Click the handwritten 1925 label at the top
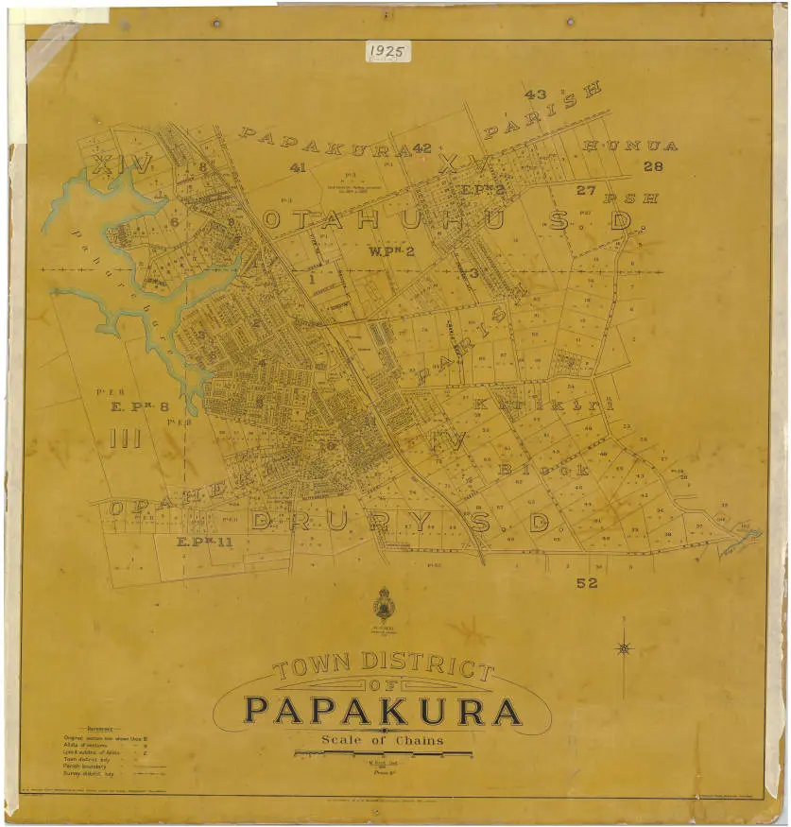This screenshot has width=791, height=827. [x=387, y=51]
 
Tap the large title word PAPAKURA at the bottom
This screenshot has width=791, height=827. [x=383, y=711]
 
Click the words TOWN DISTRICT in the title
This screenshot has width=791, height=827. [x=383, y=666]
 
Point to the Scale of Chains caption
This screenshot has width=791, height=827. [x=382, y=740]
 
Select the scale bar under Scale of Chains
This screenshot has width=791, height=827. [x=382, y=753]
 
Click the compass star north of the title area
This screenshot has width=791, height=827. [x=624, y=647]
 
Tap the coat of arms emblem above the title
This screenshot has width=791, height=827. [x=383, y=605]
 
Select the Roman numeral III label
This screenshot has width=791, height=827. [x=125, y=439]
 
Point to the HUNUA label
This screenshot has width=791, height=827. [x=630, y=146]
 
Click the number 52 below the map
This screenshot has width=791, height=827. [x=587, y=583]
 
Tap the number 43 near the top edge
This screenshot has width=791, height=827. [x=535, y=95]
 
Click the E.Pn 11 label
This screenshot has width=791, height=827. [x=204, y=543]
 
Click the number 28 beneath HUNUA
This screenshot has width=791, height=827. [x=653, y=166]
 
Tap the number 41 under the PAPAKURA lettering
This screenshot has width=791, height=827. [x=298, y=167]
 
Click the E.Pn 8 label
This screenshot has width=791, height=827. [x=140, y=407]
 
